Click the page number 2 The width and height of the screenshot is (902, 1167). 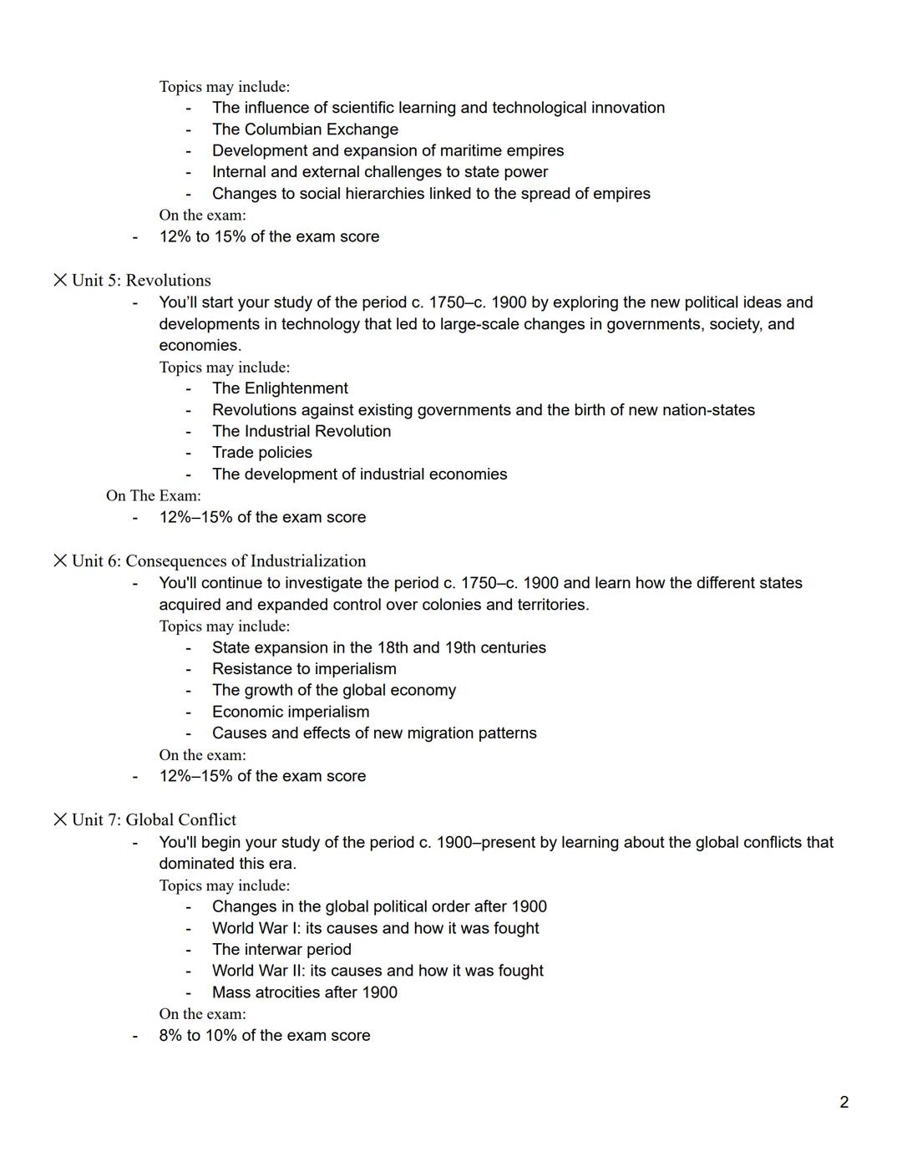[x=844, y=1102]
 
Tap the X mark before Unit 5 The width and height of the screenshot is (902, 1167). [x=60, y=280]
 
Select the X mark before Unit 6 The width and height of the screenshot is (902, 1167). [x=60, y=561]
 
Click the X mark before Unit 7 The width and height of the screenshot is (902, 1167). [x=60, y=819]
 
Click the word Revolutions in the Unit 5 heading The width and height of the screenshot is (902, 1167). [x=168, y=281]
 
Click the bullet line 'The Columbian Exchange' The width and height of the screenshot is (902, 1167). [x=305, y=129]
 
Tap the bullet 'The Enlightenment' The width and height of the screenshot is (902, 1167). [x=280, y=388]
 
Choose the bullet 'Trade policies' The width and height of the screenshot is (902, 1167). [x=261, y=453]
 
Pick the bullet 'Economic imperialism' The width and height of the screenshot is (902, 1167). [x=290, y=712]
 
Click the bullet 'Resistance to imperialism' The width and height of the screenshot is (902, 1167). [x=304, y=669]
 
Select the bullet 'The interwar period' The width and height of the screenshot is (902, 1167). [x=281, y=950]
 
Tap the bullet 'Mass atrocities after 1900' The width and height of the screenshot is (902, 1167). [x=304, y=992]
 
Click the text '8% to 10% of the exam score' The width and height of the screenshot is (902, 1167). [x=264, y=1036]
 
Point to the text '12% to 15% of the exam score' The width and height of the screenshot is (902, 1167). [x=269, y=237]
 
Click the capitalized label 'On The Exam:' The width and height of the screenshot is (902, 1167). [x=153, y=496]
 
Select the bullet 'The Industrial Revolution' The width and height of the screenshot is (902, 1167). [x=301, y=431]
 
